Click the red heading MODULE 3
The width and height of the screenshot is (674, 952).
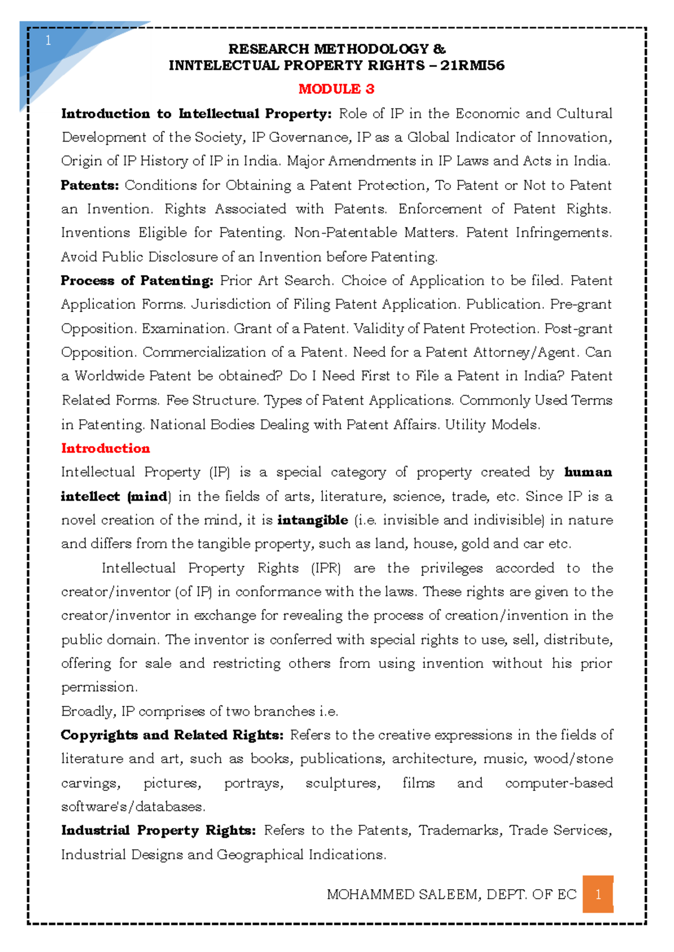[x=336, y=89]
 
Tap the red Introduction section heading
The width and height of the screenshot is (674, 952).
[x=106, y=448]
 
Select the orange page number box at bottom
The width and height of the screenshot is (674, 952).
[x=598, y=894]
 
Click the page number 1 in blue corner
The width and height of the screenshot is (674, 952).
[x=48, y=40]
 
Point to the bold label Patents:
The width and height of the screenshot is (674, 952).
[x=90, y=185]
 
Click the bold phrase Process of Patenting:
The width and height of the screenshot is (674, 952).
[x=137, y=281]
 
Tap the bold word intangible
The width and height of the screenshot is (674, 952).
[x=312, y=520]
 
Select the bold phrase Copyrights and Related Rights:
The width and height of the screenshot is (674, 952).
[x=172, y=735]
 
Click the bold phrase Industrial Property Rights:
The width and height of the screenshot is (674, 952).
[x=158, y=831]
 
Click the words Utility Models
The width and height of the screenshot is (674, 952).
[x=492, y=425]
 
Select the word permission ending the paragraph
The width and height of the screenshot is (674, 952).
[x=98, y=688]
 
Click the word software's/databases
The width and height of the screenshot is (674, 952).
[x=133, y=807]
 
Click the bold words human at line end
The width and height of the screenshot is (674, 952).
[x=588, y=472]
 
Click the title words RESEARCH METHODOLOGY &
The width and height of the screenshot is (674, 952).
[x=336, y=49]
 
